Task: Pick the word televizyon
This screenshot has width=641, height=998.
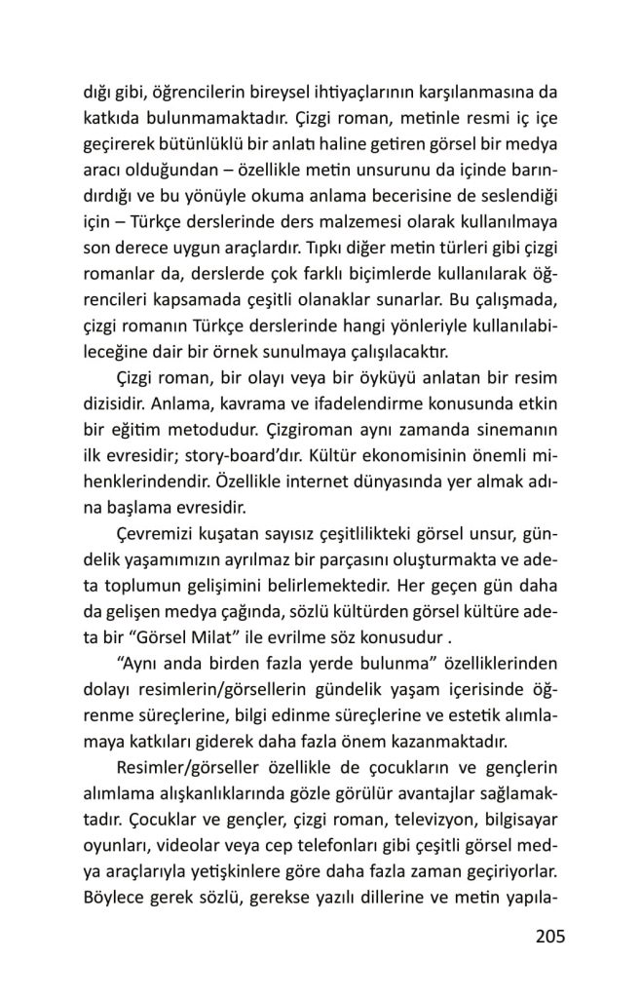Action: coord(409,813)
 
